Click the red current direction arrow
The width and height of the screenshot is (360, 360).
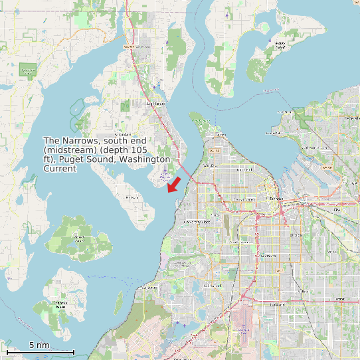(174, 184)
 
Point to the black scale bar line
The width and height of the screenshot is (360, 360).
(40, 351)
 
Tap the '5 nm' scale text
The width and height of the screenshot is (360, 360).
(39, 345)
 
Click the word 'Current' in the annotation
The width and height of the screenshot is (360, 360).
(60, 169)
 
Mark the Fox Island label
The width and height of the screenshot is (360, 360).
(132, 197)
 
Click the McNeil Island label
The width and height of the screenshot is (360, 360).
(80, 238)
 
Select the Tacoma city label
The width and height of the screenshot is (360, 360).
(275, 199)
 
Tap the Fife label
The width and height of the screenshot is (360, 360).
(336, 209)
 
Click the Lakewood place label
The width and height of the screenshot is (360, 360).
(212, 286)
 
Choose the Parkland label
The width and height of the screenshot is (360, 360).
(277, 305)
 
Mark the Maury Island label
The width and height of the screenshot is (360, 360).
(280, 46)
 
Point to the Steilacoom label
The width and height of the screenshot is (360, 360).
(150, 288)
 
